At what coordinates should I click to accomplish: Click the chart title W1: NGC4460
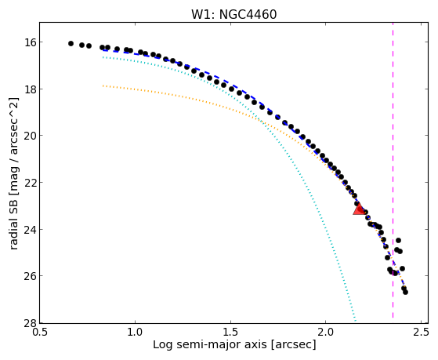233,14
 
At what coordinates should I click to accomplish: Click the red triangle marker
359,209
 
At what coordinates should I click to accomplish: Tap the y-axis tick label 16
29,42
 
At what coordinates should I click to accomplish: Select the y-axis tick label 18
29,89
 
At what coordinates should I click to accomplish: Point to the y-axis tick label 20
29,136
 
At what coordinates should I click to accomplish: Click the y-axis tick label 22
29,183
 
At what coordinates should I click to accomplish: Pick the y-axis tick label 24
29,229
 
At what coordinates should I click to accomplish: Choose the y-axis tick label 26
29,276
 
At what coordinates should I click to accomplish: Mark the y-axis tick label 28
29,323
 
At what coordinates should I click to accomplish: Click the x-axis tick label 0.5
40,333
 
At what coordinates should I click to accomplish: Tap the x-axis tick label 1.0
136,333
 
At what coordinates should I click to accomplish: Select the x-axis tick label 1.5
230,333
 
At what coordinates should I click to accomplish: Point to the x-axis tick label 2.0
326,333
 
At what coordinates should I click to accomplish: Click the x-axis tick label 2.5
421,333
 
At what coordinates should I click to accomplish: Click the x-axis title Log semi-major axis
210,344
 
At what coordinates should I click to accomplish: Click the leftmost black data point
71,43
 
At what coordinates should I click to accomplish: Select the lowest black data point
405,292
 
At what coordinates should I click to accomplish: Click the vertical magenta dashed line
393,170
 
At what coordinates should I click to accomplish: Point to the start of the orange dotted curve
103,85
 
